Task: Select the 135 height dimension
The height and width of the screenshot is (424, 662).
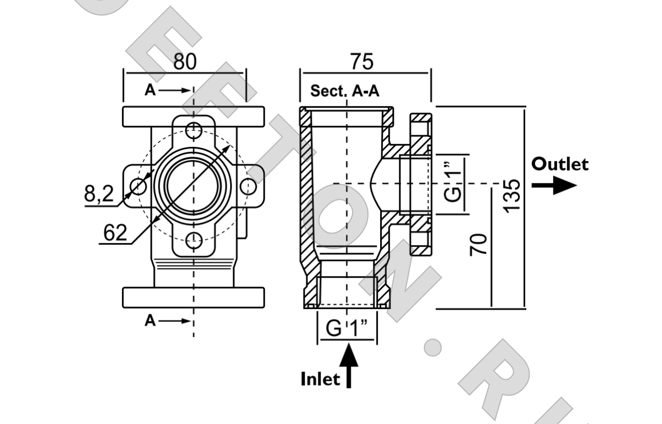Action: click(512, 194)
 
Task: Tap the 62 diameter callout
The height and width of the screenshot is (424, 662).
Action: click(115, 234)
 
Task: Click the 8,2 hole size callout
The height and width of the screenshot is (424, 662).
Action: click(99, 194)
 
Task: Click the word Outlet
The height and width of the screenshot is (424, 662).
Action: click(560, 164)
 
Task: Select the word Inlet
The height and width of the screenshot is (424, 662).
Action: click(320, 379)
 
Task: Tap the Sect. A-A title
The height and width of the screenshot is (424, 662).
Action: click(345, 91)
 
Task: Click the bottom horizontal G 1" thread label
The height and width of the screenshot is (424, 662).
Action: click(347, 328)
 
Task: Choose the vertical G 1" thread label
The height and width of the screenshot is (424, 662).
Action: click(453, 185)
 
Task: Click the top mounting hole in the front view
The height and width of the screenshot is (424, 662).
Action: click(193, 131)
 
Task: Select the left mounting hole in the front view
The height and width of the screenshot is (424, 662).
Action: click(138, 186)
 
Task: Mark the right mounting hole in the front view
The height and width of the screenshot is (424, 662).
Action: click(248, 186)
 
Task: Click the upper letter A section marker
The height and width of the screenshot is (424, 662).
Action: click(150, 90)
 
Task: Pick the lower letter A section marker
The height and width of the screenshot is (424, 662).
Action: click(150, 320)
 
